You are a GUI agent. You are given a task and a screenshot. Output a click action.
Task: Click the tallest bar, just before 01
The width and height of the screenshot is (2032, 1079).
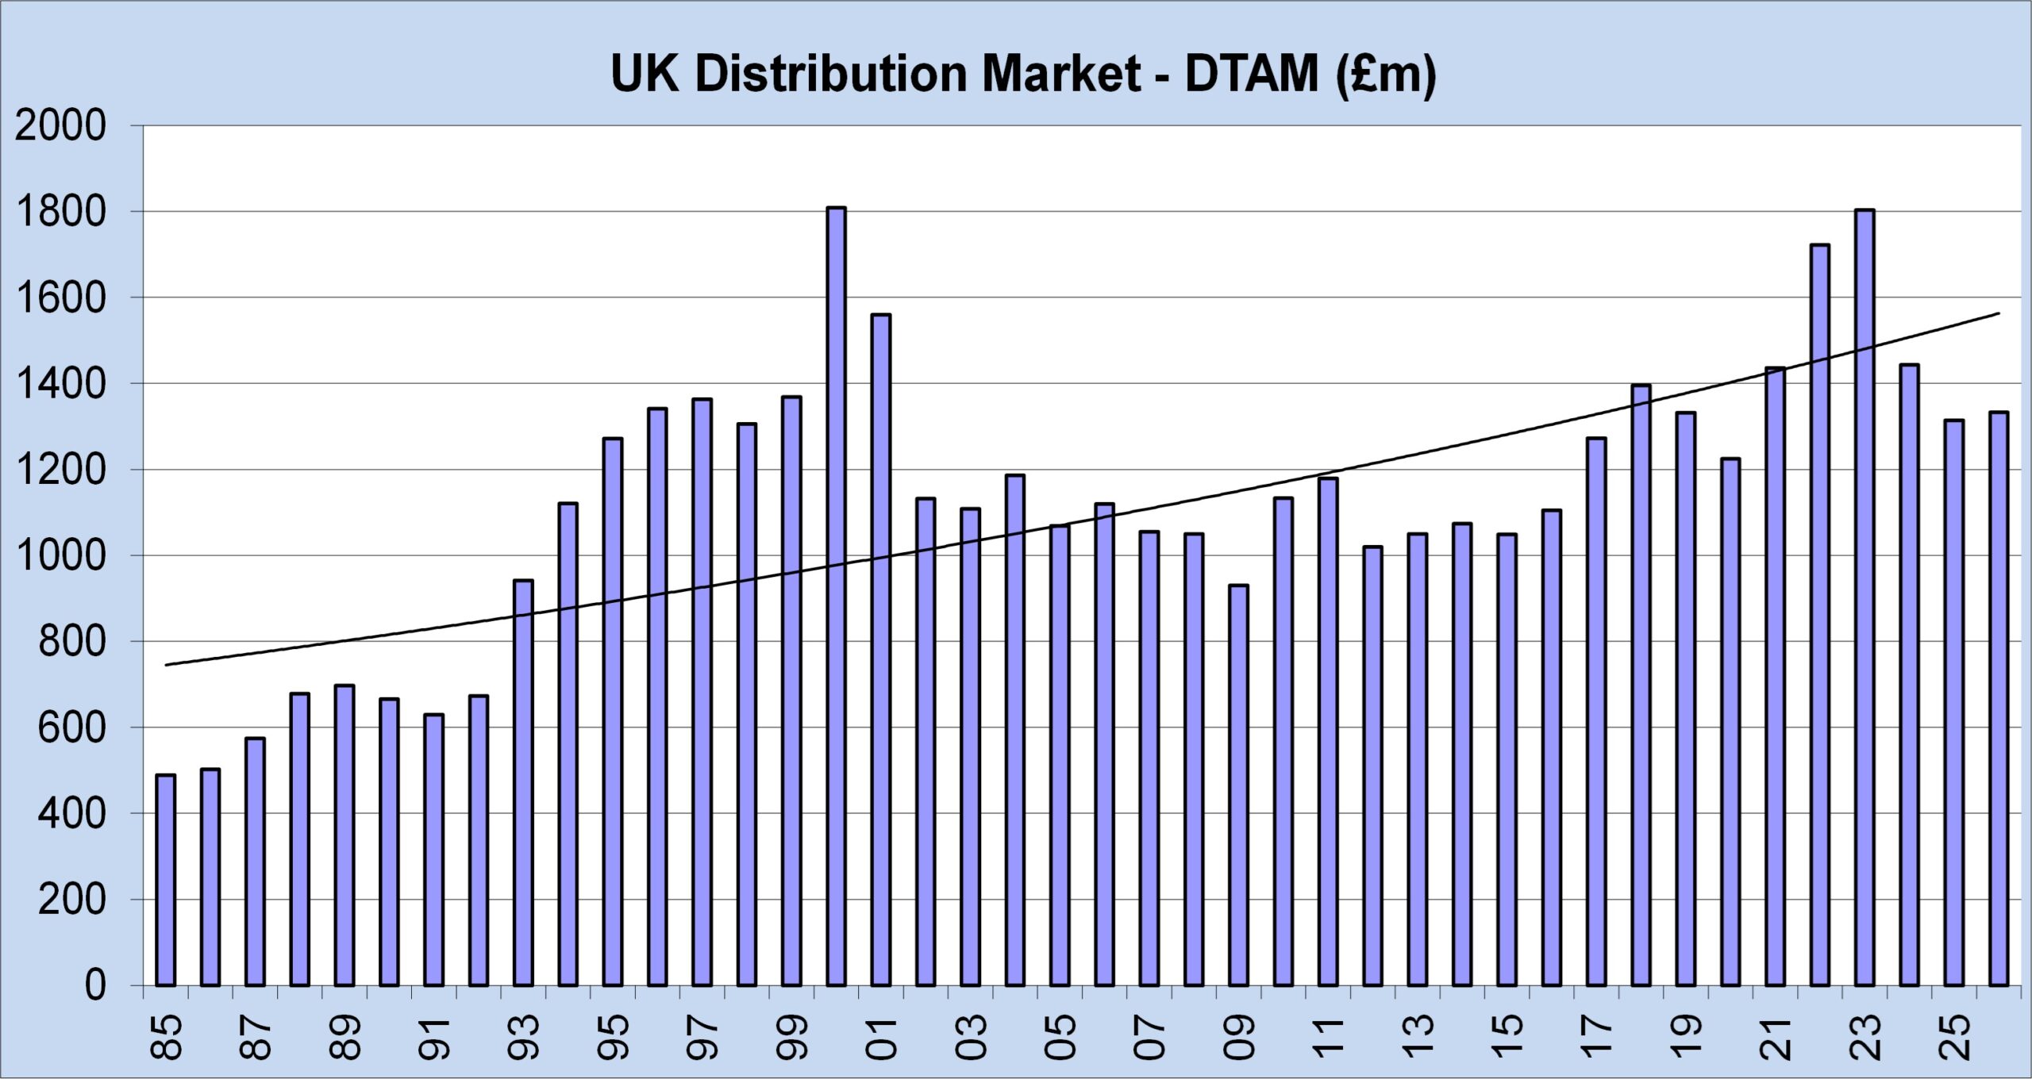836,595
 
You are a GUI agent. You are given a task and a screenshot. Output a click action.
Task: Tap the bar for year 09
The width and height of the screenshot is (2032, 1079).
1238,785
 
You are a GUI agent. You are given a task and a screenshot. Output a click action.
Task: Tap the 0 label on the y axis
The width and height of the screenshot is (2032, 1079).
94,985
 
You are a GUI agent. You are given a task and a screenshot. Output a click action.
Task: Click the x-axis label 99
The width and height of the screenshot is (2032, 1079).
791,1036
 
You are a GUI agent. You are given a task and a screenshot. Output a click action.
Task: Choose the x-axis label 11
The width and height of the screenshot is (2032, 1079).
1328,1036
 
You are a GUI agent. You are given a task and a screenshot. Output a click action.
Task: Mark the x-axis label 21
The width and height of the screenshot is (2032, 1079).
1775,1036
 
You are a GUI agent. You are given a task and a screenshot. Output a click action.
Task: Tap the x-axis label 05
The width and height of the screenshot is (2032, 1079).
1060,1036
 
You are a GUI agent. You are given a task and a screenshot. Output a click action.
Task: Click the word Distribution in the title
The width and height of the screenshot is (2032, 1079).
832,74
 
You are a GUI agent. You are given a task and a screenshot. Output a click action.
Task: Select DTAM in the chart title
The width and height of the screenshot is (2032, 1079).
1251,74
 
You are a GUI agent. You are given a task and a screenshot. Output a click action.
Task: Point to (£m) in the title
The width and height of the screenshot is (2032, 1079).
1385,75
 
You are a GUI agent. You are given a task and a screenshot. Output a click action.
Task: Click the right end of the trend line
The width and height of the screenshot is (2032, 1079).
1997,314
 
